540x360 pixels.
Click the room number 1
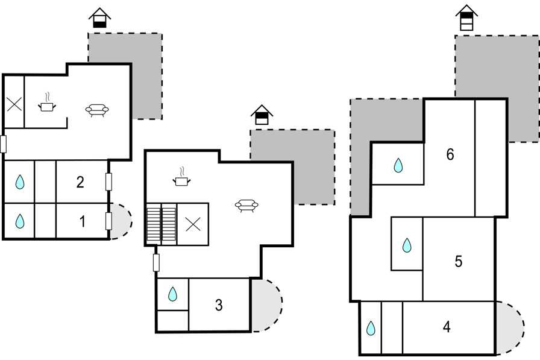click(83, 221)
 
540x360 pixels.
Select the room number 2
click(80, 182)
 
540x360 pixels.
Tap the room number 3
click(219, 305)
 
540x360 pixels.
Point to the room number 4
click(447, 327)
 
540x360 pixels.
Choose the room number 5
click(459, 262)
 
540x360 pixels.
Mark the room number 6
click(450, 154)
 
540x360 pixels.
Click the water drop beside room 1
click(20, 221)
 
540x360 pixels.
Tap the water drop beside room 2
click(20, 182)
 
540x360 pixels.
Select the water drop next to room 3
click(172, 294)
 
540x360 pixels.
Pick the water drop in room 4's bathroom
click(371, 328)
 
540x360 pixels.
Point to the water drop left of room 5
click(407, 245)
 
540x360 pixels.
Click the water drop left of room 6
click(398, 165)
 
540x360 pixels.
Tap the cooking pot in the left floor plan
click(47, 103)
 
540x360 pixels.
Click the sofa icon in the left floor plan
click(97, 110)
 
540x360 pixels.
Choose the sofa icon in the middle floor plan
click(246, 206)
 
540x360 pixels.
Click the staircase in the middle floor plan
click(162, 224)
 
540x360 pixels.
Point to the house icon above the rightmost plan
click(466, 17)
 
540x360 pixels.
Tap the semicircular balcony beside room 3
click(266, 305)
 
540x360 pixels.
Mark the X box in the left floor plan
click(14, 104)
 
